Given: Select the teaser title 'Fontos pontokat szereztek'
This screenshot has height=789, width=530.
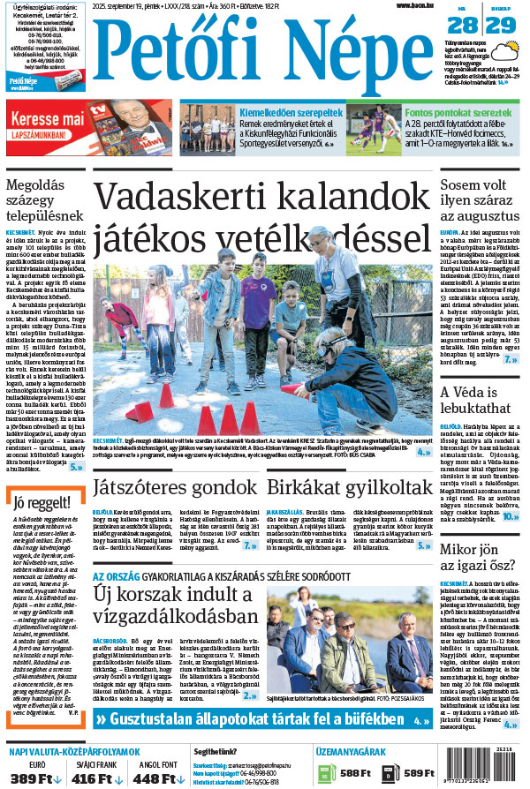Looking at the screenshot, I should point(458,113).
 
